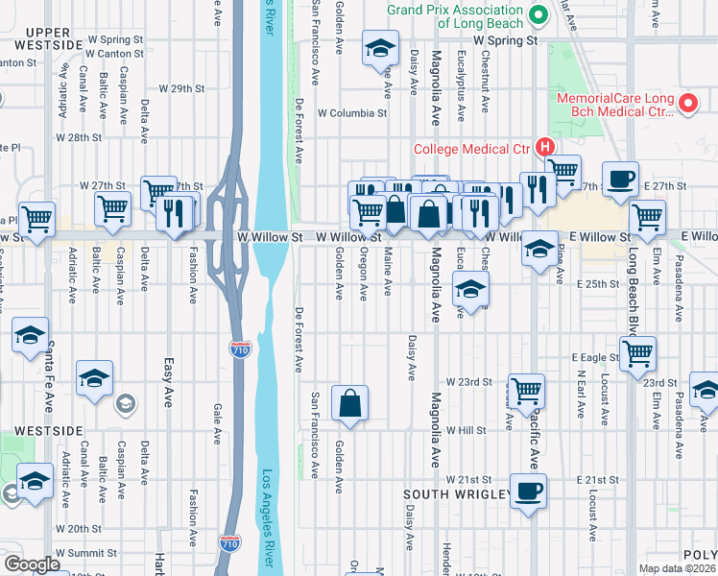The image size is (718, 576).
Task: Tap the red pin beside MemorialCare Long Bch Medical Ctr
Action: [x=687, y=104]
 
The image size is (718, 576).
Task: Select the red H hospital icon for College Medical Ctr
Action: [x=544, y=148]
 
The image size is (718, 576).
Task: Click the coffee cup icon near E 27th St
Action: [x=620, y=179]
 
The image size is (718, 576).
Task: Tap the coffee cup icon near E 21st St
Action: [x=527, y=490]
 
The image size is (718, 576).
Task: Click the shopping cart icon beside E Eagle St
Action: [x=637, y=353]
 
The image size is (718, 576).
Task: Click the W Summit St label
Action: [x=85, y=553]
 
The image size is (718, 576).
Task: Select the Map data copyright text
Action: [x=678, y=568]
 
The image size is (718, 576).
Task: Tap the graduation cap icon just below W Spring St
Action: [x=380, y=47]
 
